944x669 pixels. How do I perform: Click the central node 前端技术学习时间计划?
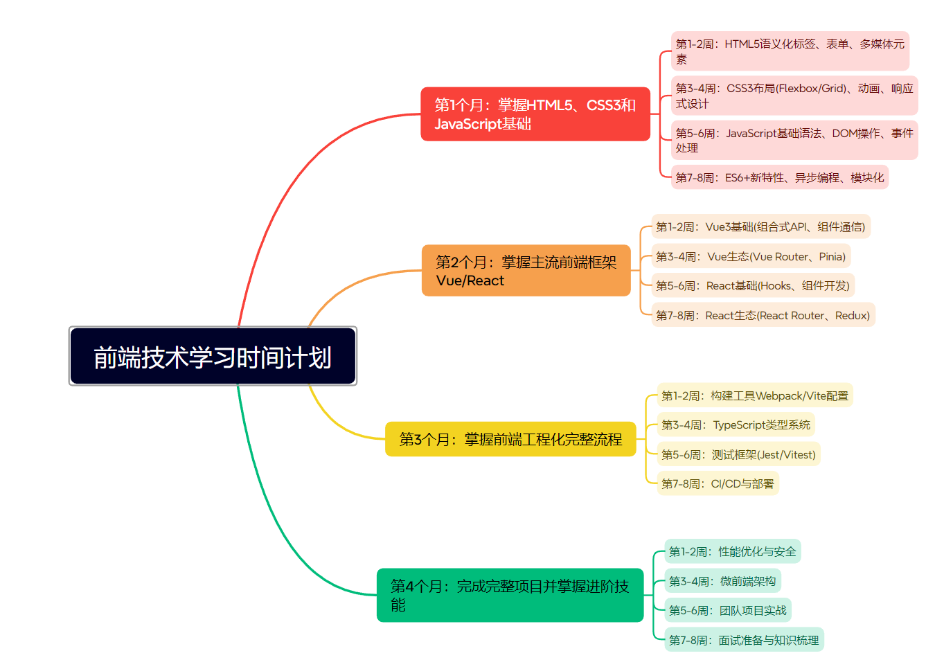[x=213, y=356]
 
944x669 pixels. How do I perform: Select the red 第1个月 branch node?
[x=535, y=114]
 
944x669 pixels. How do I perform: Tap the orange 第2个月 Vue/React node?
[x=526, y=271]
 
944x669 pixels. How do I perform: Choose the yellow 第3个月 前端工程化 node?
[x=510, y=439]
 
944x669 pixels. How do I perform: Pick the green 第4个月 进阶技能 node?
[x=510, y=595]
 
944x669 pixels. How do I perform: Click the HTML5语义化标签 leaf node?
[x=790, y=51]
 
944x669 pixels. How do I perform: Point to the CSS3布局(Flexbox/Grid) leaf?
[x=794, y=96]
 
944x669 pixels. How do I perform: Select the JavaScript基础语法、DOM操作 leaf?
[x=794, y=141]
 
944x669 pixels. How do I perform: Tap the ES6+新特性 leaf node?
[x=780, y=177]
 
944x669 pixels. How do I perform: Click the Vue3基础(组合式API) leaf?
[x=760, y=226]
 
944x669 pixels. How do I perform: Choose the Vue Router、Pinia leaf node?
[x=751, y=256]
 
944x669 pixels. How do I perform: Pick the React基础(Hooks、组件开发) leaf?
[x=753, y=285]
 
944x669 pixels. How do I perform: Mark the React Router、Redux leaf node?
[x=763, y=314]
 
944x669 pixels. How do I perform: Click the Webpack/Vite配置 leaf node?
[x=755, y=395]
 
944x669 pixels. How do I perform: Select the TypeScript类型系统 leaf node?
[x=736, y=425]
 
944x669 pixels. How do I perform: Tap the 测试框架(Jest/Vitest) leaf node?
[x=739, y=454]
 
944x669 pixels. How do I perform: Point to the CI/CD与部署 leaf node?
[x=718, y=483]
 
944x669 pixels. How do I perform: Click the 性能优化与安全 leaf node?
[x=733, y=551]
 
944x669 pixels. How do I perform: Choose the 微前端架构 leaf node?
[x=723, y=580]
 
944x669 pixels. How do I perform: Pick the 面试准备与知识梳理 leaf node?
[x=745, y=639]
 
